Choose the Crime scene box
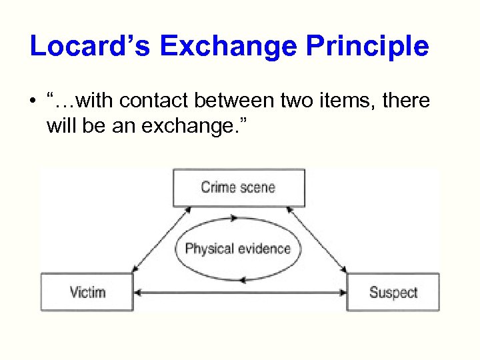238,187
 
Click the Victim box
87,292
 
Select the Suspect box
393,292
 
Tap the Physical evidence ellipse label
237,249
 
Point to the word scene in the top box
257,187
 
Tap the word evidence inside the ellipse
263,249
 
